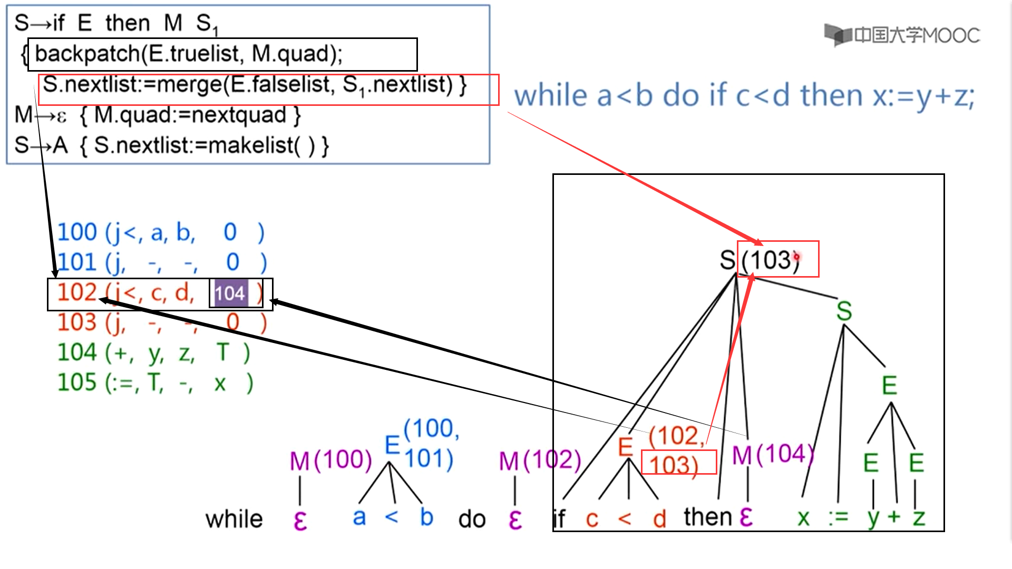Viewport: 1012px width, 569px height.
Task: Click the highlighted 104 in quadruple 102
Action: pyautogui.click(x=229, y=293)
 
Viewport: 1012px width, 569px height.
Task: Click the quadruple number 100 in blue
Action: pyautogui.click(x=77, y=232)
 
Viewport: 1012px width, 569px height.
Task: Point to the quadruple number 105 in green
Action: pyautogui.click(x=77, y=382)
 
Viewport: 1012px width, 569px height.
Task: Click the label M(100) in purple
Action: pyautogui.click(x=330, y=460)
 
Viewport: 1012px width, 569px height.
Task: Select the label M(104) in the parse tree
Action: pyautogui.click(x=773, y=455)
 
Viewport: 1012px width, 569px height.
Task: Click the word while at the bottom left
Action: pyautogui.click(x=234, y=519)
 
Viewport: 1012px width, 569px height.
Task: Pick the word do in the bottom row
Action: pyautogui.click(x=472, y=519)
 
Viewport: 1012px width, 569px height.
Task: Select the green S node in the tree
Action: pyautogui.click(x=844, y=311)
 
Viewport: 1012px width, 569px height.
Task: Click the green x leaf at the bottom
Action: pyautogui.click(x=803, y=518)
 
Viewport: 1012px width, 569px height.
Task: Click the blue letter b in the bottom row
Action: pyautogui.click(x=426, y=517)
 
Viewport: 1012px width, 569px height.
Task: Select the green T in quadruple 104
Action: pyautogui.click(x=223, y=352)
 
